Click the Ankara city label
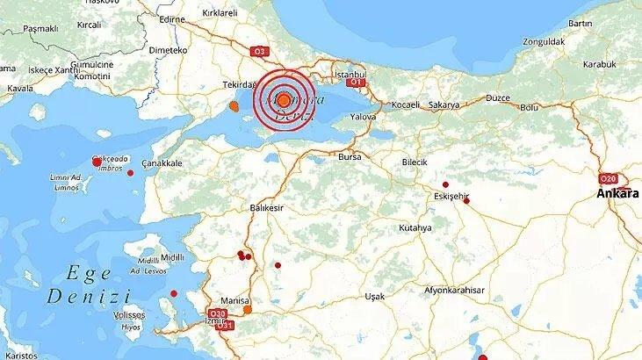(617, 192)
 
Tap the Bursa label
(350, 156)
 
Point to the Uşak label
(375, 296)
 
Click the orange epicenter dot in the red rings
(284, 100)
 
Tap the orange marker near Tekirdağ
(234, 107)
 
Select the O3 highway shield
(259, 52)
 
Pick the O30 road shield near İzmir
(219, 313)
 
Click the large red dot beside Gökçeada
(97, 162)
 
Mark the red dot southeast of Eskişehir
(467, 201)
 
